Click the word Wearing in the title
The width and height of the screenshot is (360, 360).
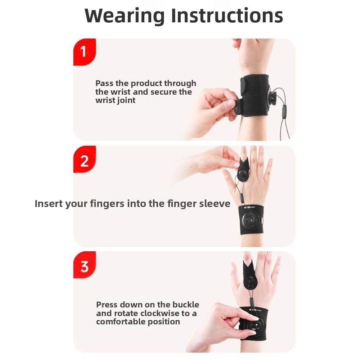(x=124, y=16)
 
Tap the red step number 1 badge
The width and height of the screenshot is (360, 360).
(x=84, y=52)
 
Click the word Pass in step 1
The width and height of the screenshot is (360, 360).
(x=104, y=84)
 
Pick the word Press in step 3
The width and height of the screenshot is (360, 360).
(x=107, y=305)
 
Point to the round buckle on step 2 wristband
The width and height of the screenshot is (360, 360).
(x=249, y=220)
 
